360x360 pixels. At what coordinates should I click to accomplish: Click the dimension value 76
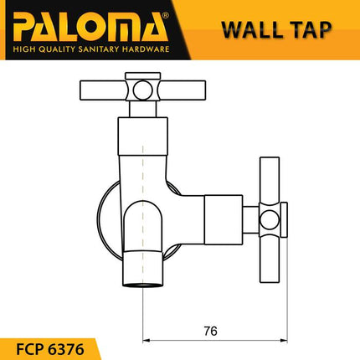pyautogui.click(x=210, y=331)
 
